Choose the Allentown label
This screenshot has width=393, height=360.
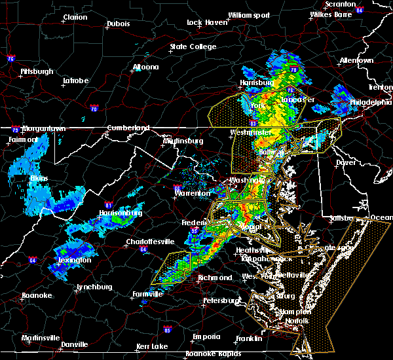coord(356,60)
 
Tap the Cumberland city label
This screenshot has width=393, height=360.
coord(128,128)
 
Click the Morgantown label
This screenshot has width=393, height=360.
coord(44,128)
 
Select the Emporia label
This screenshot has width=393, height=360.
coord(206,336)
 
